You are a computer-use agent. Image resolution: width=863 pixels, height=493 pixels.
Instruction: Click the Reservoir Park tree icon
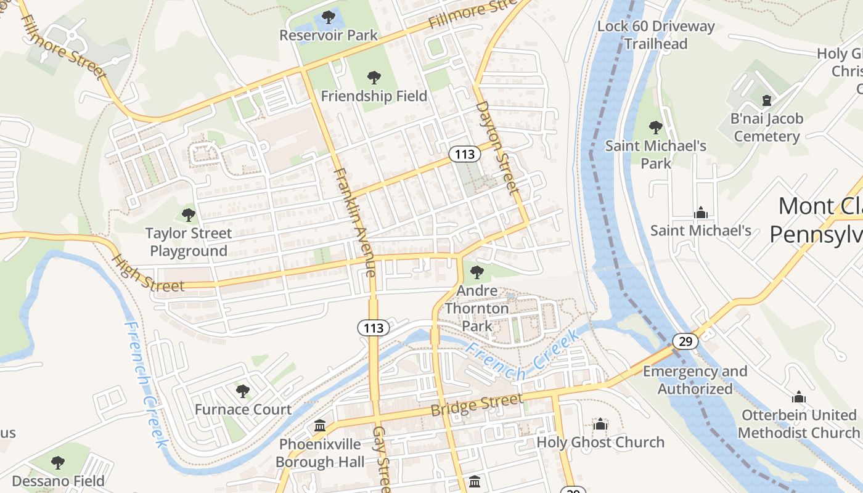[x=329, y=17]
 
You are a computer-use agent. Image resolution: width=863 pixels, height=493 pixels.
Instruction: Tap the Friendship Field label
[x=374, y=96]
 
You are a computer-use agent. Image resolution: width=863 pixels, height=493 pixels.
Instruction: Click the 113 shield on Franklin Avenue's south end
[x=374, y=328]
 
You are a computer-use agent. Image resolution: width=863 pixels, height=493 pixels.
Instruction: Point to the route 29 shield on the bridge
[x=685, y=341]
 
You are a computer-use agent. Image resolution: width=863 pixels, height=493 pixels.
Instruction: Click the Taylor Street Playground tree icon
[x=189, y=215]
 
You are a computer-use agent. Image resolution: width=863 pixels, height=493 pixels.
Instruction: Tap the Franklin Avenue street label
[x=354, y=222]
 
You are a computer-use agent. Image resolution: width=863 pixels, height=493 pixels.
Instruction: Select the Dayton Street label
[x=495, y=145]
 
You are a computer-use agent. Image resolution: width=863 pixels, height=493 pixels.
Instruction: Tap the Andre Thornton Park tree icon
[x=477, y=272]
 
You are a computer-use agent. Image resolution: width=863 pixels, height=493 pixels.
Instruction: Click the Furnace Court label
[x=243, y=409]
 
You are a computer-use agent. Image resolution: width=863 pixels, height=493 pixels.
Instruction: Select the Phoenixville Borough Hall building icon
[x=320, y=426]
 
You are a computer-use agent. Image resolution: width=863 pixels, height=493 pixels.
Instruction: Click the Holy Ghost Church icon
[x=600, y=424]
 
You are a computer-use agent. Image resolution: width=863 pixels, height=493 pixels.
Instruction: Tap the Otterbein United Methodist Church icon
[x=799, y=397]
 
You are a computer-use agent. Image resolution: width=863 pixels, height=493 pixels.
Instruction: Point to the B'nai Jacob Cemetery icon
[x=767, y=100]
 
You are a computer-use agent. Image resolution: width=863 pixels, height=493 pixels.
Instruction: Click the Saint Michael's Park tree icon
[x=656, y=128]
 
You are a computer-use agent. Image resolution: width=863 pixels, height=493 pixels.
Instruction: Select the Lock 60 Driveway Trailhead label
[x=656, y=35]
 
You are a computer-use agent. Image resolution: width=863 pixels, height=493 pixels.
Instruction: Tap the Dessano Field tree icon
[x=58, y=462]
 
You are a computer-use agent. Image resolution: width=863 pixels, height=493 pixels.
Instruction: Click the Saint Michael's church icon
[x=700, y=213]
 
